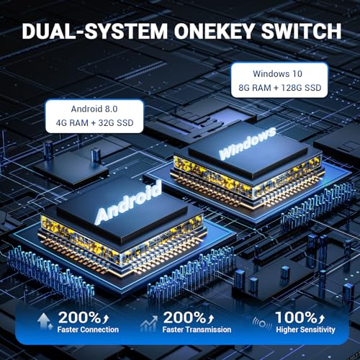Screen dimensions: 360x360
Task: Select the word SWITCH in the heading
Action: pyautogui.click(x=301, y=31)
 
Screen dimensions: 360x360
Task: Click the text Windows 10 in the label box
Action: pyautogui.click(x=277, y=73)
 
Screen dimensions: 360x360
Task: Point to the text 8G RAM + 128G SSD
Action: pyautogui.click(x=280, y=88)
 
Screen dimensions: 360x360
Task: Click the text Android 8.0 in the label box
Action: pyautogui.click(x=94, y=109)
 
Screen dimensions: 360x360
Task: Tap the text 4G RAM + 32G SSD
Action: pyautogui.click(x=94, y=123)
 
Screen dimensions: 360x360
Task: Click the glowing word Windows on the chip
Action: pyautogui.click(x=248, y=143)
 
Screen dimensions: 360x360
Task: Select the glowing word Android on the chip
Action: pyautogui.click(x=128, y=203)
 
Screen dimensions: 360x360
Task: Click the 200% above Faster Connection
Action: pyautogui.click(x=79, y=318)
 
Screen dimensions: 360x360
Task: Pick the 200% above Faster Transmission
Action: pyautogui.click(x=184, y=318)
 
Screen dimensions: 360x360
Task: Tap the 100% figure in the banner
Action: pyautogui.click(x=296, y=318)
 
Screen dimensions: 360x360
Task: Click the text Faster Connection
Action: pyautogui.click(x=88, y=330)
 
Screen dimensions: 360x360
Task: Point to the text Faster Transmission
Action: pyautogui.click(x=197, y=330)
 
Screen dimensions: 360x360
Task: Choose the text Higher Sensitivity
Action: pyautogui.click(x=305, y=330)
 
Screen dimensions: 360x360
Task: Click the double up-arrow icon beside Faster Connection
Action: pyautogui.click(x=45, y=321)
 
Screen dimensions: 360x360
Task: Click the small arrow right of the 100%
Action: pyautogui.click(x=321, y=318)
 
